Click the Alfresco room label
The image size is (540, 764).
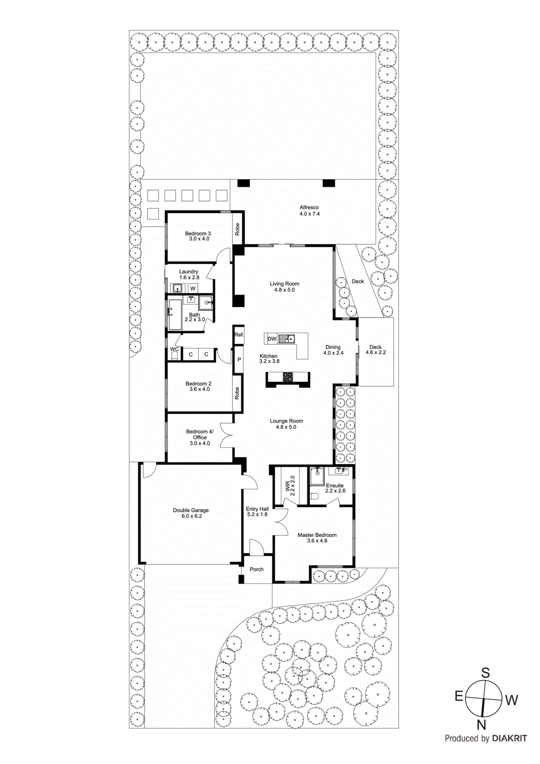pyautogui.click(x=309, y=208)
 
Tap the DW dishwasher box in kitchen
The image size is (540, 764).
pyautogui.click(x=272, y=339)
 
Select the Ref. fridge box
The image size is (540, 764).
pyautogui.click(x=239, y=335)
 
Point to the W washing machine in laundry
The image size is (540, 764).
pyautogui.click(x=193, y=288)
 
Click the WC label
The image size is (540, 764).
pyautogui.click(x=174, y=350)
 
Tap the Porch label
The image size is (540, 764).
pyautogui.click(x=256, y=569)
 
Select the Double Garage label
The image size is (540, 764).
pyautogui.click(x=191, y=510)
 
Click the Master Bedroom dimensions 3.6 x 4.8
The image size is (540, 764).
pyautogui.click(x=317, y=541)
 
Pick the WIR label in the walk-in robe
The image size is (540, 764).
pyautogui.click(x=288, y=487)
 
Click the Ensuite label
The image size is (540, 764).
pyautogui.click(x=335, y=486)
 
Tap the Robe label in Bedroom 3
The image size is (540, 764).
pyautogui.click(x=237, y=229)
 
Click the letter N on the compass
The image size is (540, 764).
pyautogui.click(x=482, y=725)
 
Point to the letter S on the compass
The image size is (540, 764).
pyautogui.click(x=485, y=673)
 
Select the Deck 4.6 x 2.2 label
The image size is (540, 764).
pyautogui.click(x=375, y=350)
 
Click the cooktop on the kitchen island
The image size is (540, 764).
pyautogui.click(x=288, y=377)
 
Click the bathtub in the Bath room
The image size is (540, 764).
pyautogui.click(x=175, y=315)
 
